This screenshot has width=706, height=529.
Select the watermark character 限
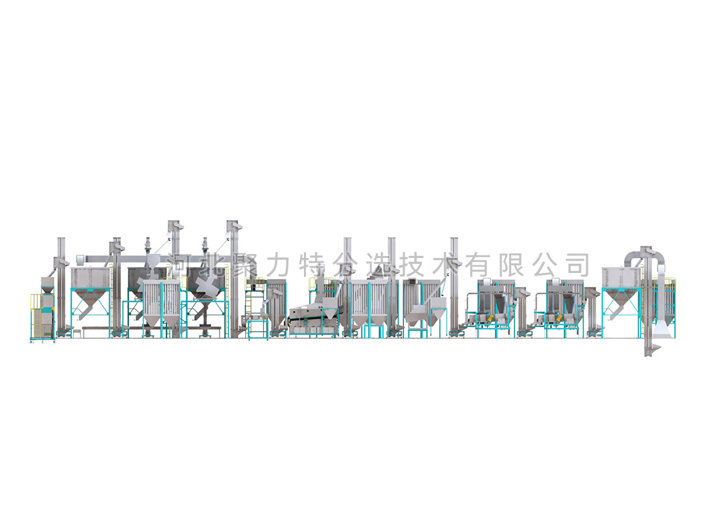[512, 264]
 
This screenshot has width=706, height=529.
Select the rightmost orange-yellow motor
[559, 317]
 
